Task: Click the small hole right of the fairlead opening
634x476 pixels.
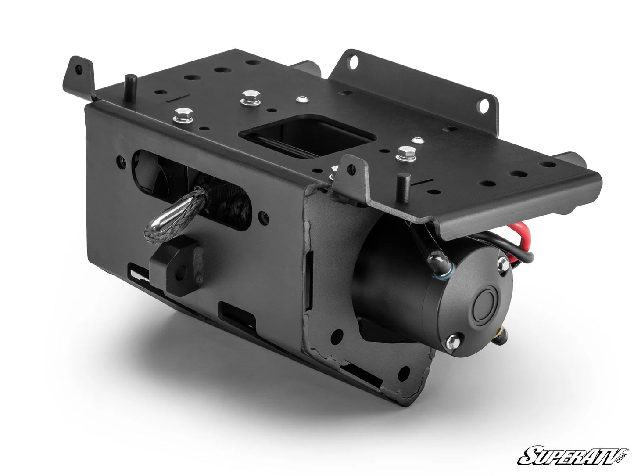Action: (x=264, y=216)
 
